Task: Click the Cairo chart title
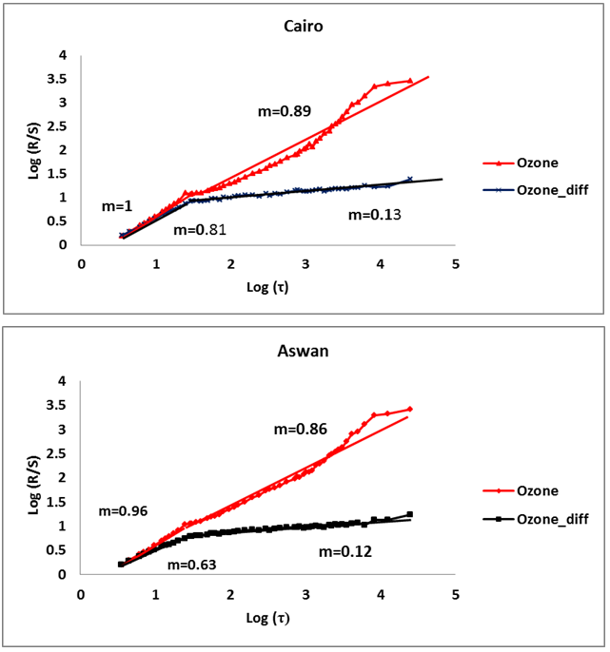[303, 26]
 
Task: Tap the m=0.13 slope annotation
[374, 215]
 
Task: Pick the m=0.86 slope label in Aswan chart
[301, 430]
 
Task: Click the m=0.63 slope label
[192, 565]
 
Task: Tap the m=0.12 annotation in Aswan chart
[344, 551]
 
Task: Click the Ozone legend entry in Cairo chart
[538, 163]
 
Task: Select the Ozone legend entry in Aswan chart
[538, 490]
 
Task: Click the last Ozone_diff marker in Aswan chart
[409, 514]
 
